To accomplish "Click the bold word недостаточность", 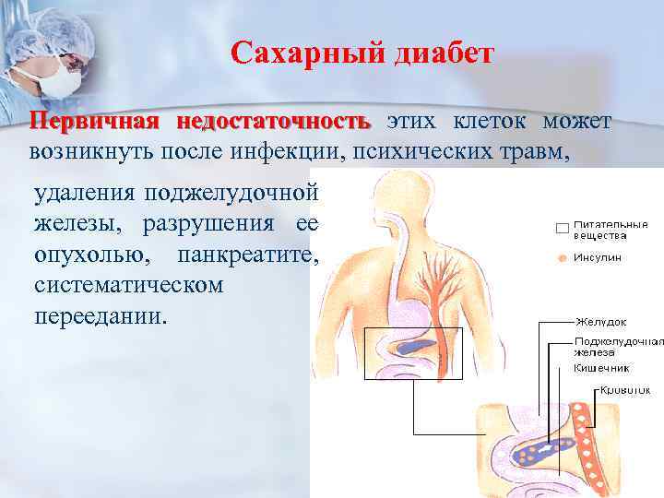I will pyautogui.click(x=274, y=123).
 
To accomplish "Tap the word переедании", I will pyautogui.click(x=101, y=315).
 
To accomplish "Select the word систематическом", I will pyautogui.click(x=128, y=284).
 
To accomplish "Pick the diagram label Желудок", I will pyautogui.click(x=600, y=322).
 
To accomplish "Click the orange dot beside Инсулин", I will pyautogui.click(x=561, y=258).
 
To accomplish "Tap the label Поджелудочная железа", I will pyautogui.click(x=616, y=347).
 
